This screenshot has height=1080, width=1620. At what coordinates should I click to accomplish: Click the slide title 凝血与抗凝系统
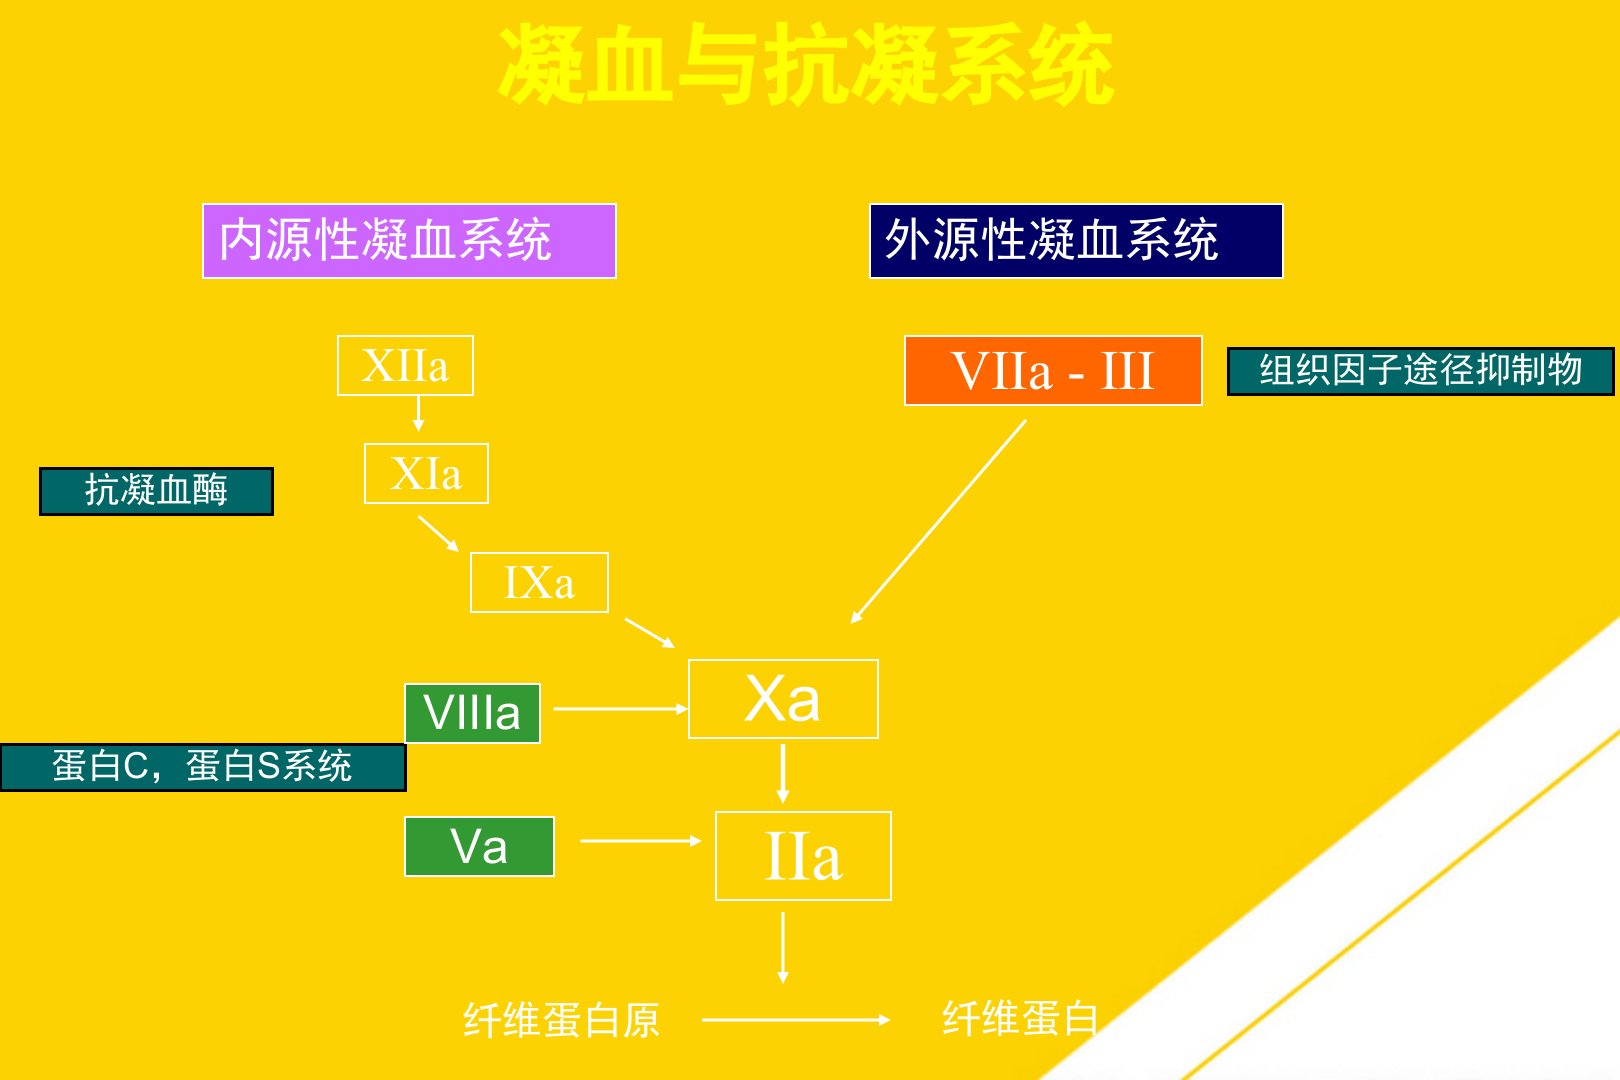[x=806, y=66]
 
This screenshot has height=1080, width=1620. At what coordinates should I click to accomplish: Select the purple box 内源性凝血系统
[x=409, y=241]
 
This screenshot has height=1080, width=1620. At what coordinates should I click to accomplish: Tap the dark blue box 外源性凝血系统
[x=1076, y=241]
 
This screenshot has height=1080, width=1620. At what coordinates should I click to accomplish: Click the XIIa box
[x=405, y=366]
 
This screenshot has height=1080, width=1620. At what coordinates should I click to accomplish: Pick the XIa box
[x=426, y=474]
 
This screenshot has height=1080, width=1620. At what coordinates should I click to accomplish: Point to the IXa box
[x=539, y=583]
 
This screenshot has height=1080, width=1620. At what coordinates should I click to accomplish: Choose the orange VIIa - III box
[x=1053, y=371]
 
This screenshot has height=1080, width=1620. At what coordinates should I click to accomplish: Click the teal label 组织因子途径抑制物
[x=1420, y=371]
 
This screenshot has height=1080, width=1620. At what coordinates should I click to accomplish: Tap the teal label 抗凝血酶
[x=156, y=491]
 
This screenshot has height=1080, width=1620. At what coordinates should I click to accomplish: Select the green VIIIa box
[x=472, y=713]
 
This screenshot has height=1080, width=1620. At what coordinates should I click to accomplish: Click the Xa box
[x=783, y=699]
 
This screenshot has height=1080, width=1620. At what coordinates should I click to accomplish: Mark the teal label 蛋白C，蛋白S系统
[x=203, y=767]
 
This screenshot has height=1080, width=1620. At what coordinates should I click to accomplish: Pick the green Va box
[x=479, y=847]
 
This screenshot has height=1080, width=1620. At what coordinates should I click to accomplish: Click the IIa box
[x=803, y=857]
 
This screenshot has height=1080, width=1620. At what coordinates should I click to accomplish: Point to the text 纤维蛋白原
[x=561, y=1020]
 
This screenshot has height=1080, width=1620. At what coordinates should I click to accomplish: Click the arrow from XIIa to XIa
[x=418, y=413]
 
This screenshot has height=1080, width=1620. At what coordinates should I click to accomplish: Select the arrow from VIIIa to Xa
[x=620, y=709]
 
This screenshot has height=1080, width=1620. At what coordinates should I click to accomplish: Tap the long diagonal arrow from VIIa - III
[x=938, y=521]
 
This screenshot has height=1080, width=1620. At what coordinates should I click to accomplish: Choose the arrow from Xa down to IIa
[x=783, y=773]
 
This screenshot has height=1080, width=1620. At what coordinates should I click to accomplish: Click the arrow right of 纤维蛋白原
[x=796, y=1020]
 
